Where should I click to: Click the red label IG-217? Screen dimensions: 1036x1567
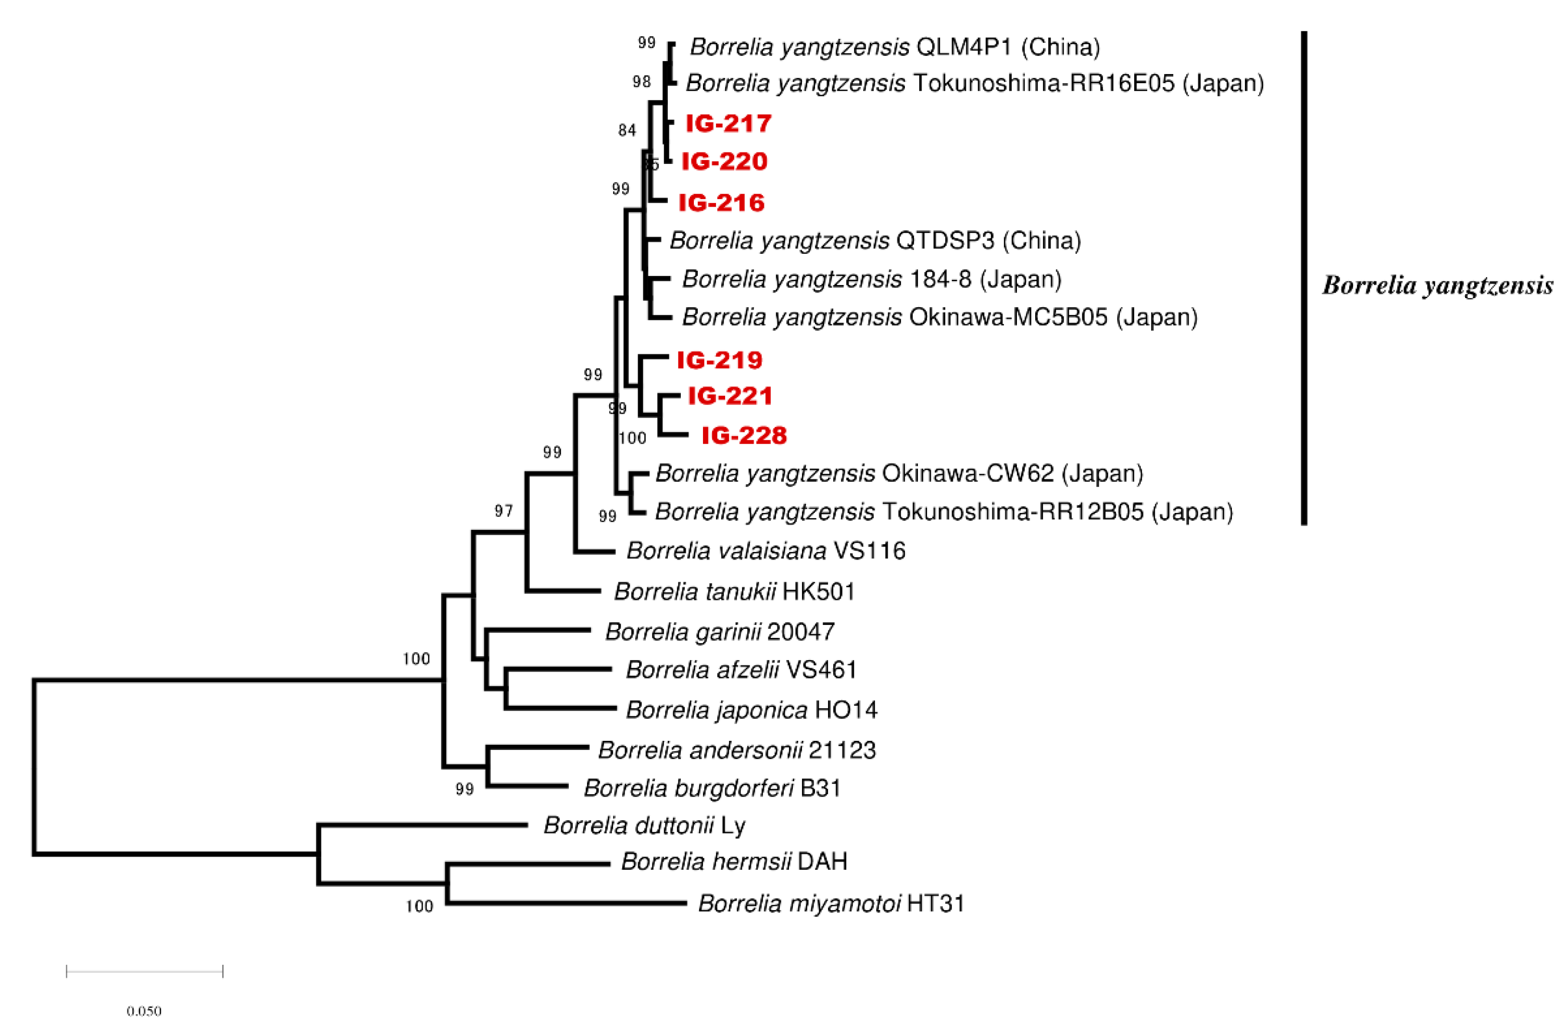tap(728, 124)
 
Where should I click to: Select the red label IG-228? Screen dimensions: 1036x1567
tap(744, 436)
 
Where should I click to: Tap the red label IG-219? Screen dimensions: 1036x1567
tap(719, 360)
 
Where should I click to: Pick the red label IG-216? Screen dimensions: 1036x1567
tap(721, 203)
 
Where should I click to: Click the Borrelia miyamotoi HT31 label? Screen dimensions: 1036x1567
tap(831, 903)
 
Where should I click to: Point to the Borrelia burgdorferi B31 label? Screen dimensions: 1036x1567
tap(712, 788)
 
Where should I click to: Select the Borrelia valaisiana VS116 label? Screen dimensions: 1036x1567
tap(765, 551)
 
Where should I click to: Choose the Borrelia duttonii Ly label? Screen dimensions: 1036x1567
tap(644, 826)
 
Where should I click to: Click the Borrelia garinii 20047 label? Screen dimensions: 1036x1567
tap(719, 632)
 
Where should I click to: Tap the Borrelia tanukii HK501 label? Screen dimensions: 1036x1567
tap(734, 592)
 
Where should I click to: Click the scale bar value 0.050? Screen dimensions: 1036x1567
tap(144, 1011)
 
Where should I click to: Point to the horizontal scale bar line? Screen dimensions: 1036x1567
tap(145, 971)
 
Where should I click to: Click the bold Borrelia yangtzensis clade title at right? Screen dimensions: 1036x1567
tap(1437, 286)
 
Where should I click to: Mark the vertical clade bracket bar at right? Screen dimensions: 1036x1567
tap(1304, 277)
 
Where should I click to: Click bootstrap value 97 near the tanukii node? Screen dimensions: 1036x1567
tap(503, 511)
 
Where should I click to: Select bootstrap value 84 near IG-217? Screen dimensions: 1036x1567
tap(627, 131)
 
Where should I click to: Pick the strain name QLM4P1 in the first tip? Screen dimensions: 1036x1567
tap(964, 47)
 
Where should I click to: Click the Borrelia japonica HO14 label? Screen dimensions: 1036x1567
tap(751, 710)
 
